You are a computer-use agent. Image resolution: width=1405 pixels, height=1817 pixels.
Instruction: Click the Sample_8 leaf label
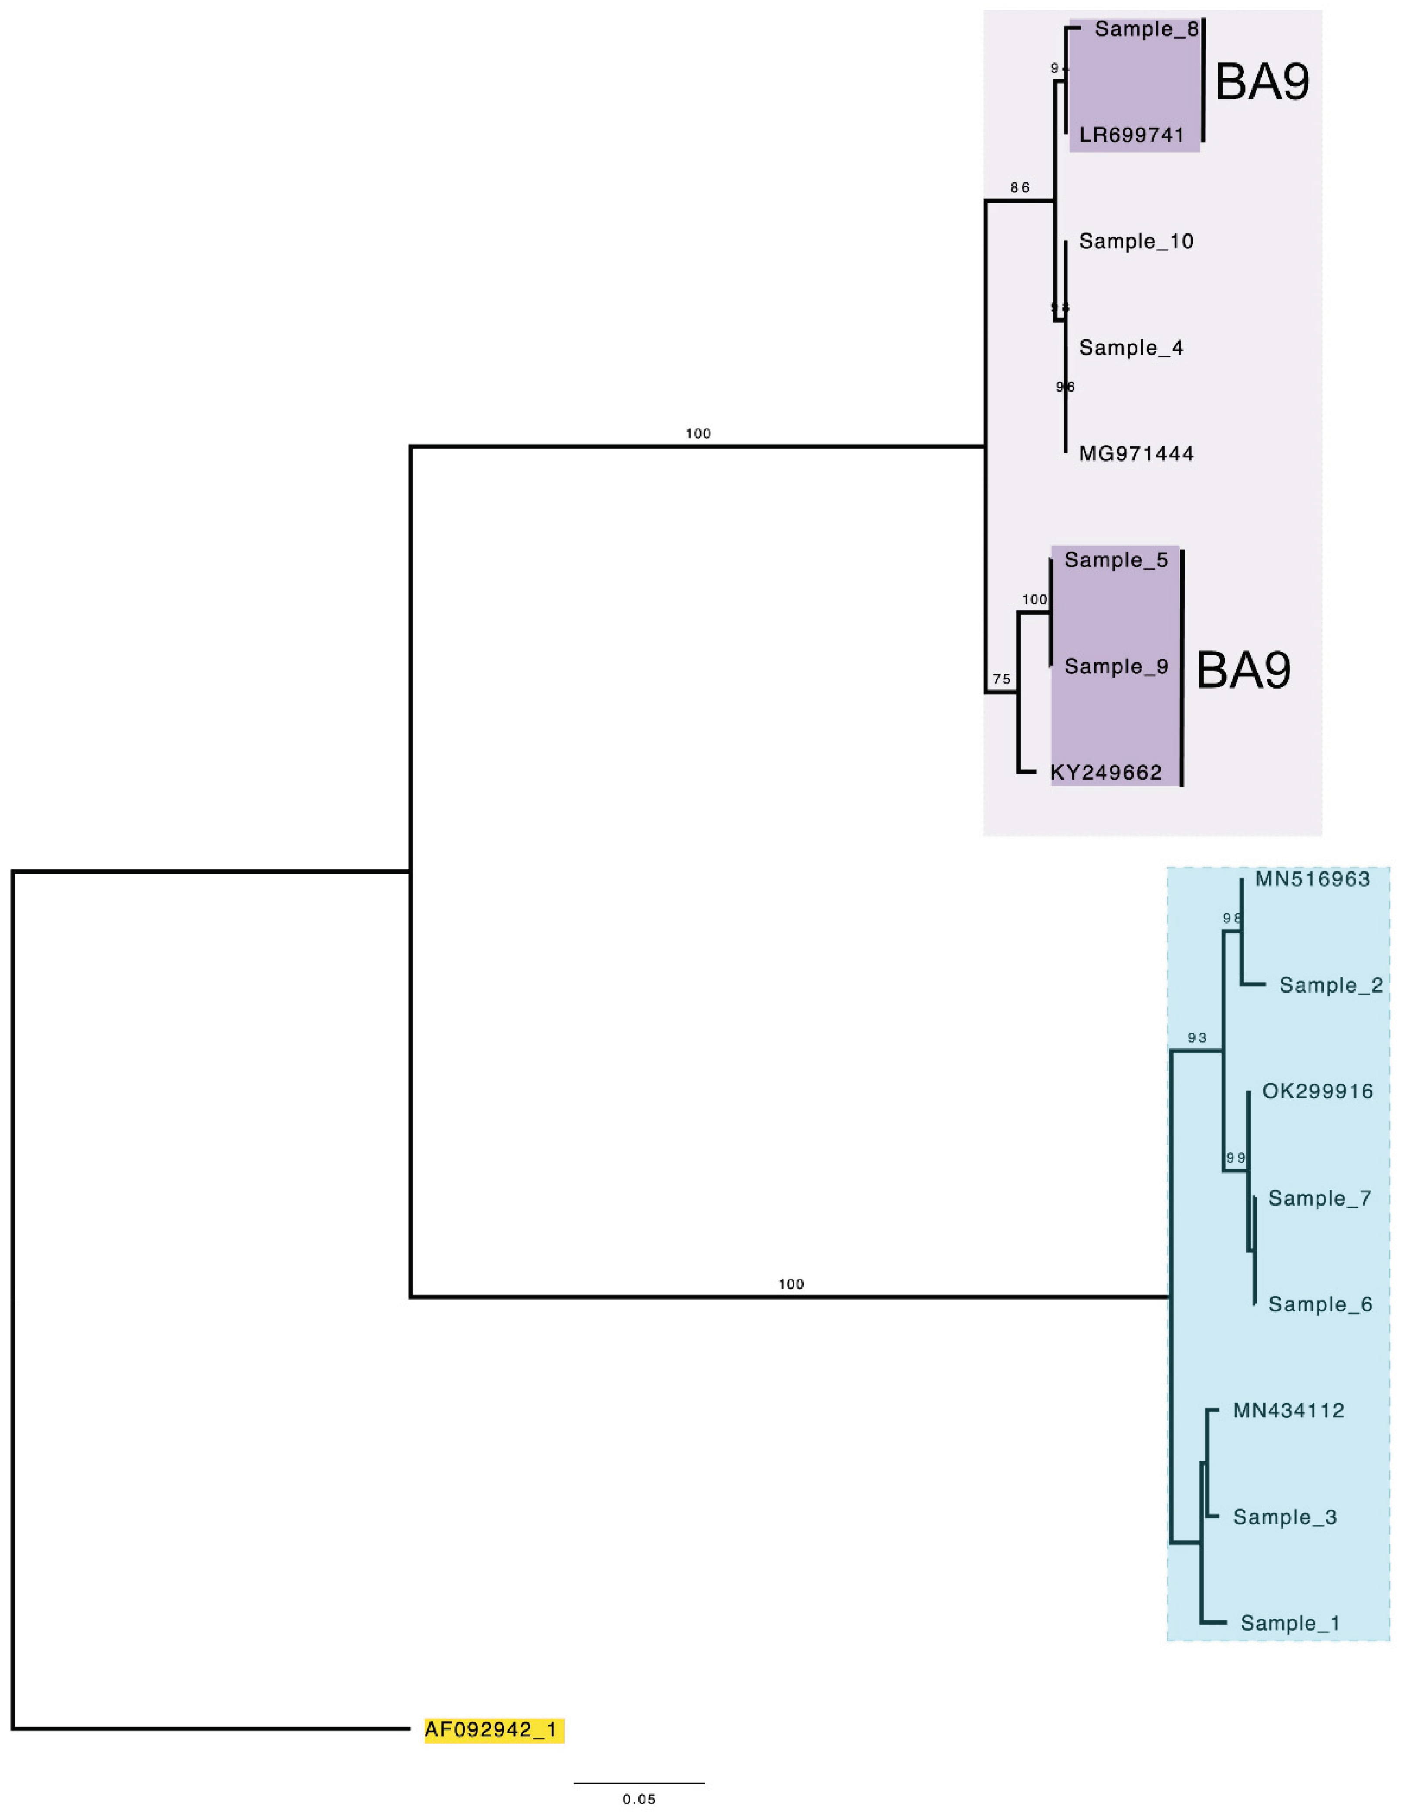coord(1146,30)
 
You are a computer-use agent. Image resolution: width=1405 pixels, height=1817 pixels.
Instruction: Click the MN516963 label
coord(1312,879)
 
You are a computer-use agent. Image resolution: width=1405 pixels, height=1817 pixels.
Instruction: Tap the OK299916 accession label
coord(1317,1091)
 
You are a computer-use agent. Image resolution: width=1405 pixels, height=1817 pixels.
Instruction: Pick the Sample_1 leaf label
coord(1290,1623)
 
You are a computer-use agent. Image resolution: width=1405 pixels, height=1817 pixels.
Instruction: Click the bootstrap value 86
coord(1020,188)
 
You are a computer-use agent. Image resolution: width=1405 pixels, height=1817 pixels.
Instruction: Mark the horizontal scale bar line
coord(639,1783)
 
